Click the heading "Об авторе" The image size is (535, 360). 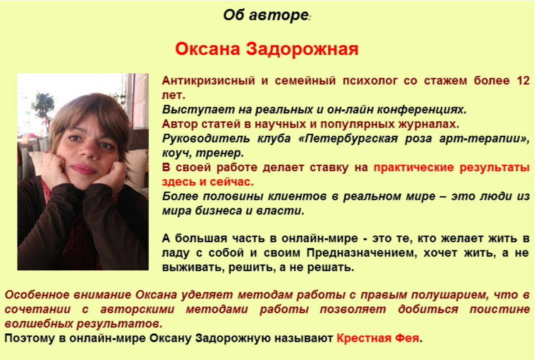265,16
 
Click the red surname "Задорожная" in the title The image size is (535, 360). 302,49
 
